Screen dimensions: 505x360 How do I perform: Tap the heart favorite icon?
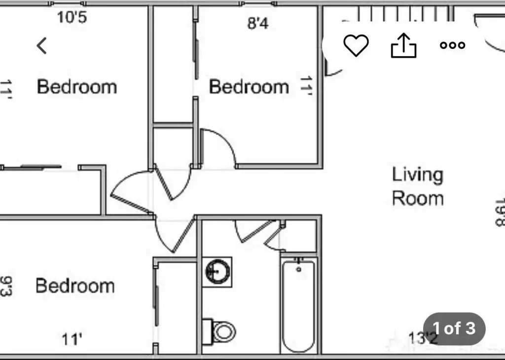356,45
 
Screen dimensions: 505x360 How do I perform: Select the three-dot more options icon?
453,45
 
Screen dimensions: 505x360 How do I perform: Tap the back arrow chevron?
41,45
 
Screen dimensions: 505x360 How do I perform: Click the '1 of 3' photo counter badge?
454,328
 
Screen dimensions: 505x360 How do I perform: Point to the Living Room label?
418,186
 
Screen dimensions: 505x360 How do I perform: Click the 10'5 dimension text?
72,17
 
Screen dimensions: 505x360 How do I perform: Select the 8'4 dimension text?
257,23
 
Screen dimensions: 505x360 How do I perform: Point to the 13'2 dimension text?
423,338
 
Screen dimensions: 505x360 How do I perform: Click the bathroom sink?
217,272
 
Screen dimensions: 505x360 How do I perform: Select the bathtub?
298,306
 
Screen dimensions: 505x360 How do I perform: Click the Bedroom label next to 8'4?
249,87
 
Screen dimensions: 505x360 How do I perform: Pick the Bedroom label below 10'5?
76,87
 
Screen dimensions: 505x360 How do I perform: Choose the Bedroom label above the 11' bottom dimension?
75,286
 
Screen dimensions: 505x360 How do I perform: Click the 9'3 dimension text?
6,286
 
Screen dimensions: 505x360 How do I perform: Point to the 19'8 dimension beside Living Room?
500,213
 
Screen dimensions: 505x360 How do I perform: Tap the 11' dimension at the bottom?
72,339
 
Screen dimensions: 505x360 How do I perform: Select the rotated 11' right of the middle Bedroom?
306,85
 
